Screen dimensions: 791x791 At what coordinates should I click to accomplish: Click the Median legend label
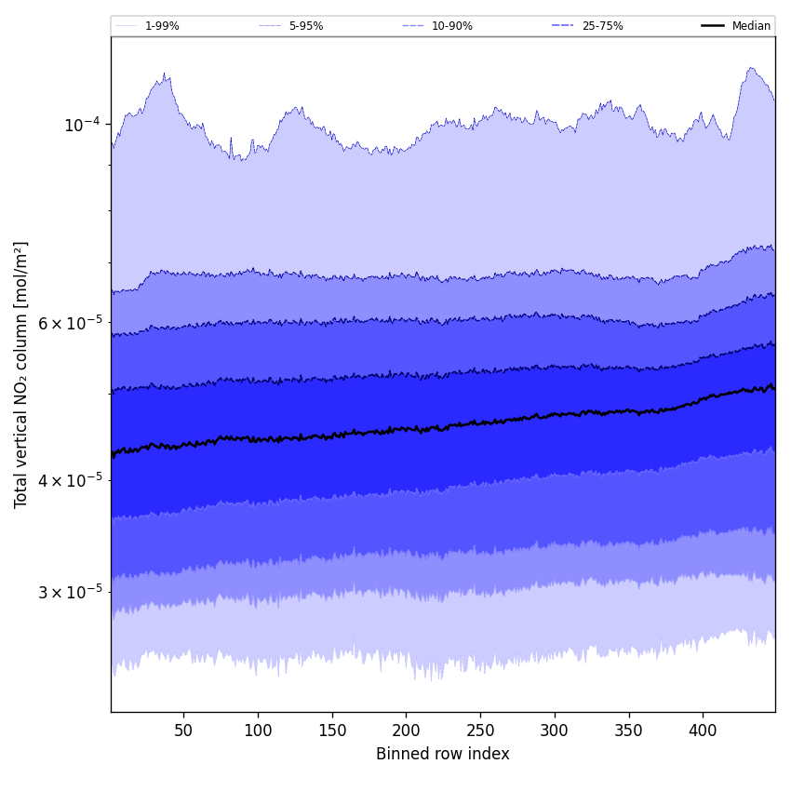[751, 26]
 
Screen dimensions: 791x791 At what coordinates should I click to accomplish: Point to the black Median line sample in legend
[714, 26]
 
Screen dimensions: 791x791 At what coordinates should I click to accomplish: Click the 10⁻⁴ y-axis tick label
[82, 125]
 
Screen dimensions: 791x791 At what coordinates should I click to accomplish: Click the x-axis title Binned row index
[443, 754]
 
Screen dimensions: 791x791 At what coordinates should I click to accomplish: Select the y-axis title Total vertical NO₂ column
[21, 374]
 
